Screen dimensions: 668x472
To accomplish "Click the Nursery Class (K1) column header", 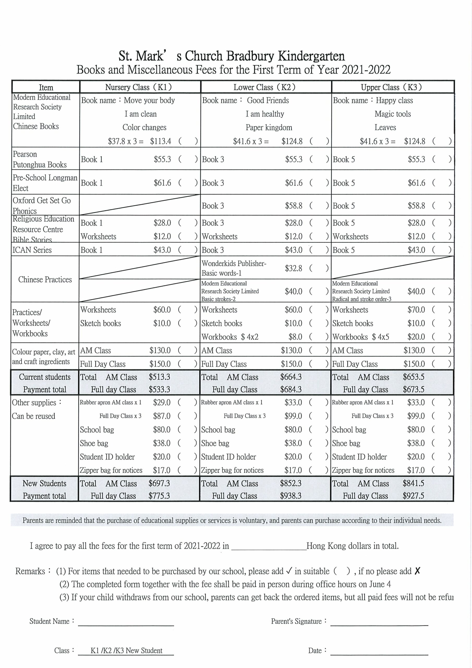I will (138, 87).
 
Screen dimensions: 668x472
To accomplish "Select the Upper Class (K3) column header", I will (391, 87).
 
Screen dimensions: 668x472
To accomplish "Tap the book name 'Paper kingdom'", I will (269, 127).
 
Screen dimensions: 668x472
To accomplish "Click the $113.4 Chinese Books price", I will (161, 141).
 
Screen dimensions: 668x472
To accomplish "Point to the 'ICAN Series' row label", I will (32, 250).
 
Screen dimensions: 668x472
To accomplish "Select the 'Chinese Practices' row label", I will (45, 279).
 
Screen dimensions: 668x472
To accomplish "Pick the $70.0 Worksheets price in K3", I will (416, 310).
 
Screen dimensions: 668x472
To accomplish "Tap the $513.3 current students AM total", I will (159, 377).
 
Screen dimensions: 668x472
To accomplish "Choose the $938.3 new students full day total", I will (291, 496).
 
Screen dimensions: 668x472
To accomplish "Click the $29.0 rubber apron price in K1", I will (162, 403).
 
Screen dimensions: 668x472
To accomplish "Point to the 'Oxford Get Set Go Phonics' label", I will (41, 205).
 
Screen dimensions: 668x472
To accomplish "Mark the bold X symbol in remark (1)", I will (417, 571).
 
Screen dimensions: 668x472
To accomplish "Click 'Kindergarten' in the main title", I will (311, 56).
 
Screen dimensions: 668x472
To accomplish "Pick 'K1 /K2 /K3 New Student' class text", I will (126, 651).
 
